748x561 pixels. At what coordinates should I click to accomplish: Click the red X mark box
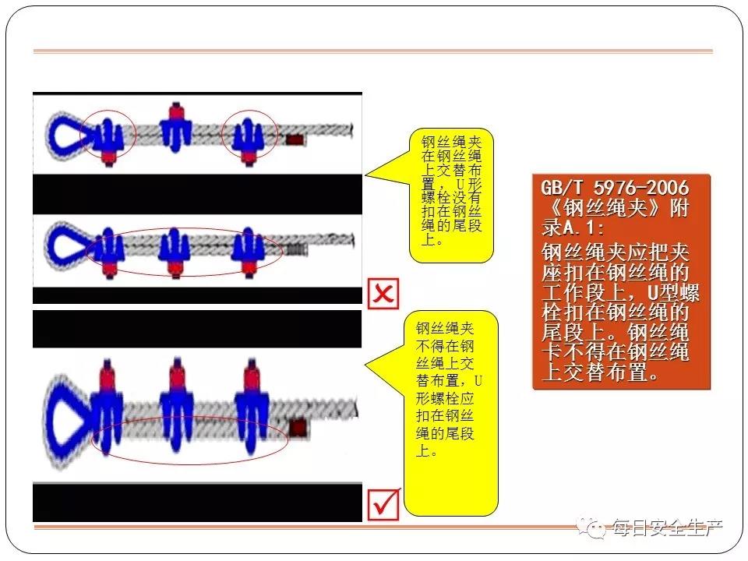coord(383,294)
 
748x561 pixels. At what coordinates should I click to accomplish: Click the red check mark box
coord(384,505)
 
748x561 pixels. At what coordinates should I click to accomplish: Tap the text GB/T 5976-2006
coord(615,188)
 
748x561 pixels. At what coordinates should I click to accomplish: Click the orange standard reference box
coord(621,282)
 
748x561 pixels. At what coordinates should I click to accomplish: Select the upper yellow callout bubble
coord(451,196)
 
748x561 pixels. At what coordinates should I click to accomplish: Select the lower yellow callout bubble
coord(451,413)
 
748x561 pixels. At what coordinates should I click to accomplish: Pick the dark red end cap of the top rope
coord(295,140)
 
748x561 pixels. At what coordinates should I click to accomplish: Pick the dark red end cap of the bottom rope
coord(298,428)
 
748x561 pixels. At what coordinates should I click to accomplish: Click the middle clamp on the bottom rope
coord(177,405)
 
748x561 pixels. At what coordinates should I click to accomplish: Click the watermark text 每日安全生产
coord(667,527)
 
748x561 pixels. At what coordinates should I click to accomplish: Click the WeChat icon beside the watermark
coord(591,527)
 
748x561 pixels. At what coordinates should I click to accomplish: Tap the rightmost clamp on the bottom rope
coord(252,405)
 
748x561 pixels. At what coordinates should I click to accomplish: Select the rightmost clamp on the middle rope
coord(248,252)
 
